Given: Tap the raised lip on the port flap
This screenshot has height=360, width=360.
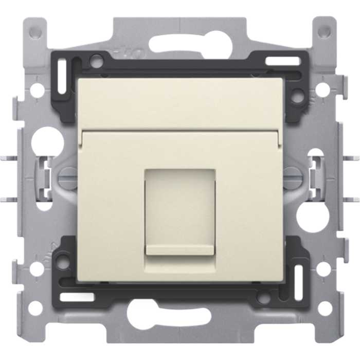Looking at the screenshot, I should [179, 250].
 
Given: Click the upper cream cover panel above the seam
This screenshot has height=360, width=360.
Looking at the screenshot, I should [179, 103].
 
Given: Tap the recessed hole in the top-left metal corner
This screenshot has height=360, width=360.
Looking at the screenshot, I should [35, 32].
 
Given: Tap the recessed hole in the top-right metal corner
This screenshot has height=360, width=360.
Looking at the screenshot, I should [324, 32].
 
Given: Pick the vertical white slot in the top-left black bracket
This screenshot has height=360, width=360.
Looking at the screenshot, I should [62, 77].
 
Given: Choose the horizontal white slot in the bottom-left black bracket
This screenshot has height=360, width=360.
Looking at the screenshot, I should [77, 297].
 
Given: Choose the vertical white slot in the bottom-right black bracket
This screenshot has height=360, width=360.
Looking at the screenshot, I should [298, 280].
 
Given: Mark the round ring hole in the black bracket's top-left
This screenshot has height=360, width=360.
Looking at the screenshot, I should [96, 62].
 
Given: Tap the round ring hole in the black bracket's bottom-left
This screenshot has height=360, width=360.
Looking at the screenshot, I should [63, 263].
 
